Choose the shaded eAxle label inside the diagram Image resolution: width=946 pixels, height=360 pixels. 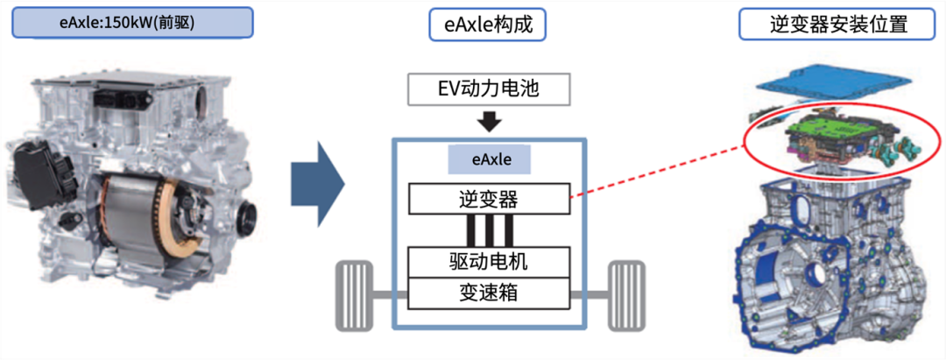[x=489, y=160]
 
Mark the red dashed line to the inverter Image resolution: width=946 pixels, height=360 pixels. [x=657, y=172]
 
